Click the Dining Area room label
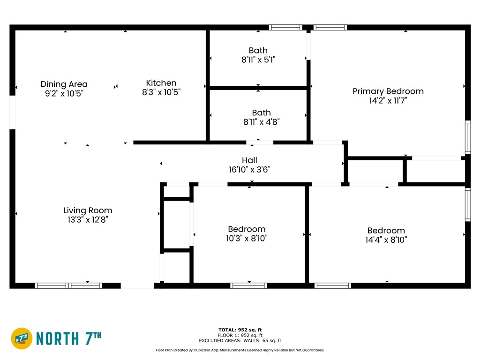click(64, 84)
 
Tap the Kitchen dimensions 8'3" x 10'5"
click(161, 92)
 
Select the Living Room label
click(88, 210)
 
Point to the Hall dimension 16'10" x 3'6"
click(249, 169)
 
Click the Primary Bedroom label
click(388, 91)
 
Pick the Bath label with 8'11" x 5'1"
click(258, 50)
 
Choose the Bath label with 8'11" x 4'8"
click(262, 112)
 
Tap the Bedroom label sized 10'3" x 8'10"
click(247, 229)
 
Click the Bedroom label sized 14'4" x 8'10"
click(386, 231)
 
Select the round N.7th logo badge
click(22, 338)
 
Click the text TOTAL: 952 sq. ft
click(240, 330)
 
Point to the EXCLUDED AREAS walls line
click(240, 340)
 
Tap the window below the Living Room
click(68, 285)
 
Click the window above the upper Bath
click(285, 28)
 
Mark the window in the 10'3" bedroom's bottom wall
click(248, 285)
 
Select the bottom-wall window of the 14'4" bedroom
click(333, 285)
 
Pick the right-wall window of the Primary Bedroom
click(468, 137)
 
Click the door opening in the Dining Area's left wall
click(12, 112)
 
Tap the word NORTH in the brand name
click(58, 338)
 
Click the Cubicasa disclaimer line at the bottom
click(240, 350)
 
